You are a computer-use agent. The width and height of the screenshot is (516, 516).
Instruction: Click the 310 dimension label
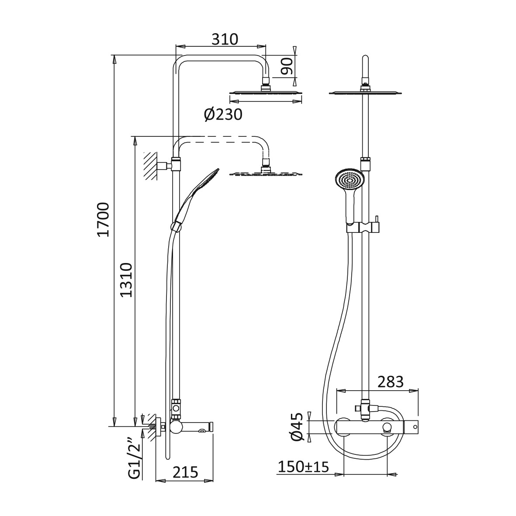225,39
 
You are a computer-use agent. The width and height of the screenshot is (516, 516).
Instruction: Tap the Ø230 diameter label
223,114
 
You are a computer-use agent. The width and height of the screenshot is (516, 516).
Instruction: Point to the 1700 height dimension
103,220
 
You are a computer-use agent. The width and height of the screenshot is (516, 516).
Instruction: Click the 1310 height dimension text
126,280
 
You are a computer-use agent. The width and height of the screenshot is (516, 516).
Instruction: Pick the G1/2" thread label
134,458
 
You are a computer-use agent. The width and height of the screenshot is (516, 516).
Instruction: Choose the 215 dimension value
185,472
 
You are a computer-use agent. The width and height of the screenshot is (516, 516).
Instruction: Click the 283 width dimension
391,382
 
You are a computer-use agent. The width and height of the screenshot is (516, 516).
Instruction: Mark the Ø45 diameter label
297,427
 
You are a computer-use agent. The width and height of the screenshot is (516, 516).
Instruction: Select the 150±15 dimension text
303,466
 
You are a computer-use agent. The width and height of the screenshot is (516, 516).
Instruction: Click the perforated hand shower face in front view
349,180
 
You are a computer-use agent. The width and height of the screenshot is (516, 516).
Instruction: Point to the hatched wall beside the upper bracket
150,166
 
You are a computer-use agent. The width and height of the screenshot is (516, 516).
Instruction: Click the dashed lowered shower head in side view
266,173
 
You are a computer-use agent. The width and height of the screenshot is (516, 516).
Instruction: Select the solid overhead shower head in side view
265,92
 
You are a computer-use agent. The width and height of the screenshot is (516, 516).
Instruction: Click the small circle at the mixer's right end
415,427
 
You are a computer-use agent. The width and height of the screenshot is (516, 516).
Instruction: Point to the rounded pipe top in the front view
364,61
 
